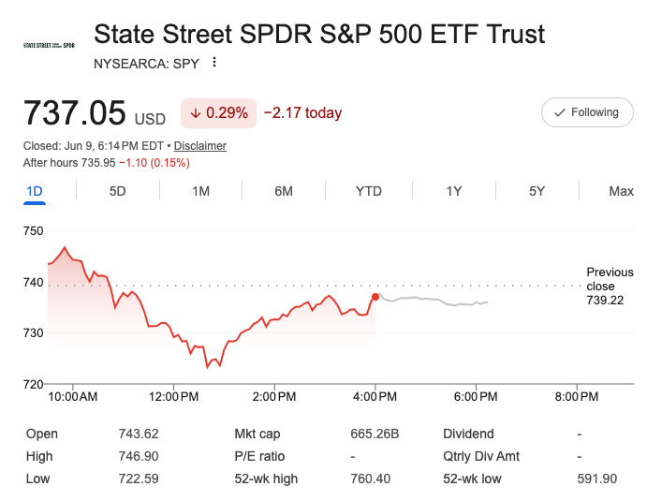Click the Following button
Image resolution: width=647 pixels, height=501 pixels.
587,112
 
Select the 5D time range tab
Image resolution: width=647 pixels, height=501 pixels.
117,191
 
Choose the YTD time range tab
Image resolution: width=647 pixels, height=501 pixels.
369,191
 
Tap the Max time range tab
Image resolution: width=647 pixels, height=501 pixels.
621,191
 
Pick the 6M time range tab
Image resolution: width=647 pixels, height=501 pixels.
284,191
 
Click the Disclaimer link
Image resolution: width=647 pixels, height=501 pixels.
200,146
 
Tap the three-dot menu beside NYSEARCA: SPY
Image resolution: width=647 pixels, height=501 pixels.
214,63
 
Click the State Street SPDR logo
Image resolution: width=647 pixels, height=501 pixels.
49,45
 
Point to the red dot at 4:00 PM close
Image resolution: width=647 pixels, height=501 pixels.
375,297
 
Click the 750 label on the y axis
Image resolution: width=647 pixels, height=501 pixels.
33,230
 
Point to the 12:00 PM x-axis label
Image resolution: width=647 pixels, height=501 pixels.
174,397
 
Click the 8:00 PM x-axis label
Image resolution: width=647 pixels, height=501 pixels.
577,397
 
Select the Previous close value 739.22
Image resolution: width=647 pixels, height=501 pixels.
605,300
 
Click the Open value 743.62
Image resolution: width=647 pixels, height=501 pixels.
139,434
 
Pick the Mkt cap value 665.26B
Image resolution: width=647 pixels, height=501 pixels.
375,434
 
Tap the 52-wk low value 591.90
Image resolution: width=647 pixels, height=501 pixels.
597,479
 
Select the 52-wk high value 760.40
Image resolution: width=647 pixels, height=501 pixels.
370,479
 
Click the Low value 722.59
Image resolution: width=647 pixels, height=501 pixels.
139,479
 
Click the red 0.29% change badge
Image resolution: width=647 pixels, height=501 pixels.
219,113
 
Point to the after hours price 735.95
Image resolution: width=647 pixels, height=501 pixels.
97,163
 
